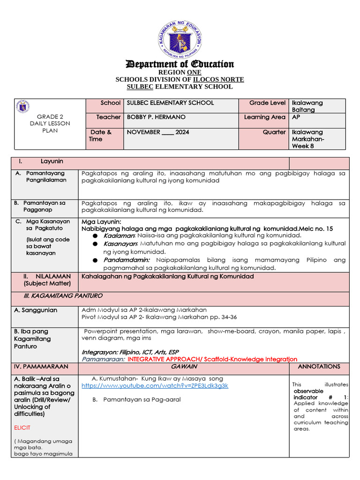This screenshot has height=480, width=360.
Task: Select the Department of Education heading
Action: (x=180, y=64)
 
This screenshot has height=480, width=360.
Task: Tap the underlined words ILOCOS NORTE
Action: (x=218, y=80)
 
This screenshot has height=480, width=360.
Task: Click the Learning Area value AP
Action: (x=296, y=117)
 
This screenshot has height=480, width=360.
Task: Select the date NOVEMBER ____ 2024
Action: (x=158, y=132)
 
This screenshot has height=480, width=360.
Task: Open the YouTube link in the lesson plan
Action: (x=155, y=386)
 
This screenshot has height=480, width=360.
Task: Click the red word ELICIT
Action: (x=22, y=428)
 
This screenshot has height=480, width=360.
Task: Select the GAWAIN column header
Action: (x=184, y=367)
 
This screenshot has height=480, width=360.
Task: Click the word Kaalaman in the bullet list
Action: (x=119, y=235)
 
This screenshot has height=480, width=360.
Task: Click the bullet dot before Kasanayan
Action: (x=95, y=244)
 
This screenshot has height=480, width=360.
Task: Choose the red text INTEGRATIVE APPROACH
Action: (x=170, y=359)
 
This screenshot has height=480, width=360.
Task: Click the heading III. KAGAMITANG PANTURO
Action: (x=63, y=296)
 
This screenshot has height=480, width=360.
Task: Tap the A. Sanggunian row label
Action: (x=36, y=310)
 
